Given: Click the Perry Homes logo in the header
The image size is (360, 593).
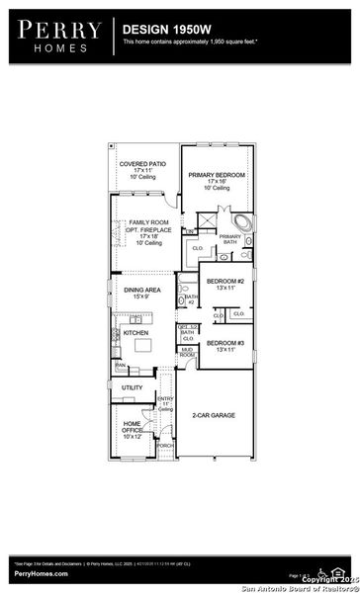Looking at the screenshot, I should click(x=56, y=36).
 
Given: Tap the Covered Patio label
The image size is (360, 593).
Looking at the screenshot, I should click(x=142, y=170).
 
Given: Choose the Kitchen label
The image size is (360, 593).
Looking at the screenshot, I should click(x=135, y=334).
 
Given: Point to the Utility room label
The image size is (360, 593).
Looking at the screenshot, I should click(x=133, y=387).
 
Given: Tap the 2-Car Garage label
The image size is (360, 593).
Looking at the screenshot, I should click(x=214, y=415).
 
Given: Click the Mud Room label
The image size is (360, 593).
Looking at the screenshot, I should click(x=186, y=351).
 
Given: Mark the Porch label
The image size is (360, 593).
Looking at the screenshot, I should click(x=165, y=445).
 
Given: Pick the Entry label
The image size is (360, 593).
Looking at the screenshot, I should click(x=165, y=400).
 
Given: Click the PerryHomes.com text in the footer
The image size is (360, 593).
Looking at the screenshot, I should click(x=41, y=573).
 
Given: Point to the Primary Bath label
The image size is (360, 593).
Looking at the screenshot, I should click(x=229, y=239).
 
